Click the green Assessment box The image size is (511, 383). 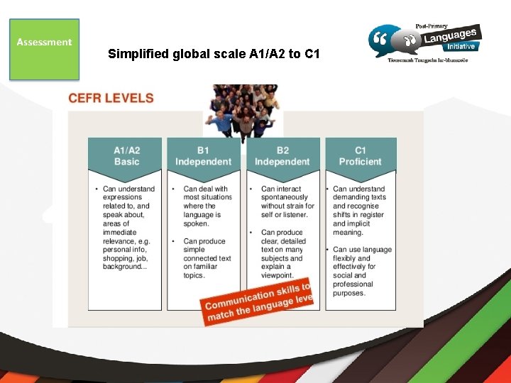[44, 48]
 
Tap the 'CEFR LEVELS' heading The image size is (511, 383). [111, 98]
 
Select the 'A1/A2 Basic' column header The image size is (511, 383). [126, 156]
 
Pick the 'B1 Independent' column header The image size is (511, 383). [204, 156]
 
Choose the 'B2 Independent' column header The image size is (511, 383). [282, 156]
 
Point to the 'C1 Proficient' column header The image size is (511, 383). [361, 156]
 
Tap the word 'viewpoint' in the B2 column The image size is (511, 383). [278, 275]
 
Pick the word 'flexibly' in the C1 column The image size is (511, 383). [347, 258]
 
